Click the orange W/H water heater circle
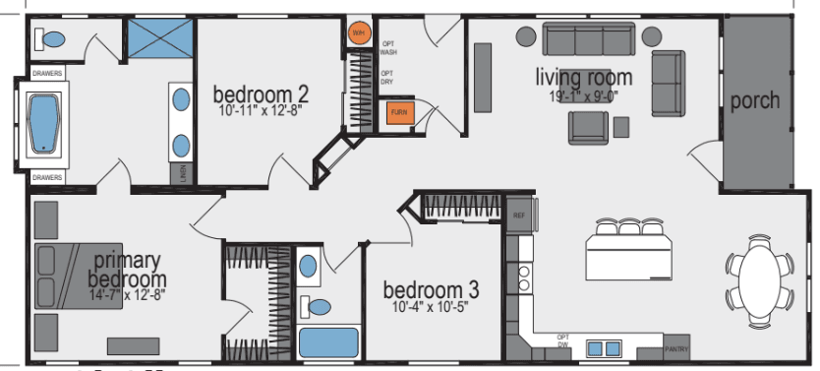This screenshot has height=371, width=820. (x=358, y=31)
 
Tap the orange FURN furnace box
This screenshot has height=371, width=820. (x=398, y=113)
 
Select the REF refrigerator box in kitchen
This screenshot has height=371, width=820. (x=517, y=214)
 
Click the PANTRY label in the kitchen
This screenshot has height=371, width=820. (x=676, y=348)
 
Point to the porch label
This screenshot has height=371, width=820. (x=755, y=100)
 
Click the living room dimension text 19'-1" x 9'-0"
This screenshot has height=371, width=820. (x=583, y=95)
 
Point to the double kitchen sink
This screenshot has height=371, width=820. (x=601, y=347)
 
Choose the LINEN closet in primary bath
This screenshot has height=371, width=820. (x=183, y=172)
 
